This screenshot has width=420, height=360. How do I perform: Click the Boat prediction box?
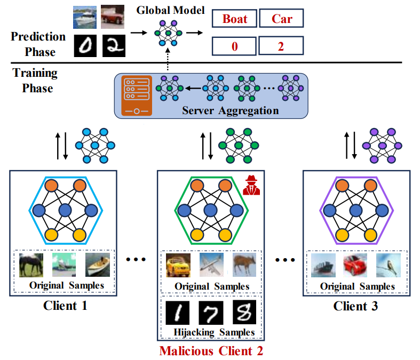pyautogui.click(x=234, y=19)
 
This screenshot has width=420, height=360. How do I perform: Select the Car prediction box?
pyautogui.click(x=282, y=19)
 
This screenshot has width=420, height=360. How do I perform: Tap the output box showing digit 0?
pyautogui.click(x=234, y=46)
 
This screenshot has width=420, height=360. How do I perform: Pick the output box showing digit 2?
pyautogui.click(x=282, y=46)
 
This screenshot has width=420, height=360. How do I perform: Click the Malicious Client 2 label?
pyautogui.click(x=211, y=351)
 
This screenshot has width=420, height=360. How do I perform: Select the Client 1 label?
pyautogui.click(x=66, y=306)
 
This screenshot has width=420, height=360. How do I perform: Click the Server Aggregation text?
pyautogui.click(x=231, y=111)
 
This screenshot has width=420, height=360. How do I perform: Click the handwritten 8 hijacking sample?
pyautogui.click(x=244, y=313)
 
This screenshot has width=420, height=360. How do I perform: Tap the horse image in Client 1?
pyautogui.click(x=30, y=265)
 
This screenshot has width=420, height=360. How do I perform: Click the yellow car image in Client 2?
pyautogui.click(x=178, y=265)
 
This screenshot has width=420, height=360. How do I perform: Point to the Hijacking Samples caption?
pyautogui.click(x=211, y=332)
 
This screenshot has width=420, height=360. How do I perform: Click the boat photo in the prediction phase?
pyautogui.click(x=85, y=17)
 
